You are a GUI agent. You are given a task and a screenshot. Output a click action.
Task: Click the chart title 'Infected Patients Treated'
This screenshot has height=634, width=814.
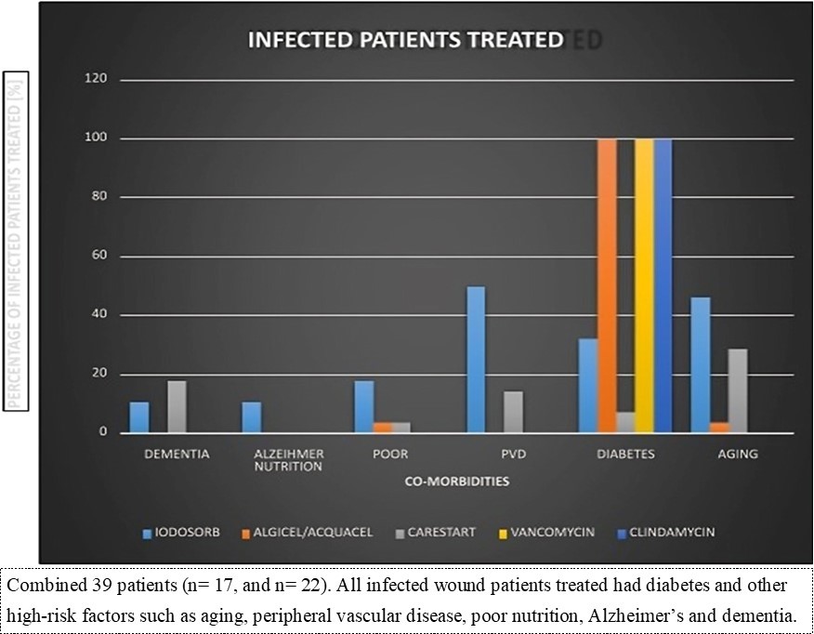[403, 40]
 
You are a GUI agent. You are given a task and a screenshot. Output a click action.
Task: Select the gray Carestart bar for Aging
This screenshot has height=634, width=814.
[738, 390]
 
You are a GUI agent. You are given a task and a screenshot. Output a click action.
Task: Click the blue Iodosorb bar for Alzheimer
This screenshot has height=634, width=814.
[251, 417]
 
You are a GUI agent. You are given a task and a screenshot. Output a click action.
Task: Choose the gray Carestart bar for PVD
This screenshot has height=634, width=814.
[513, 412]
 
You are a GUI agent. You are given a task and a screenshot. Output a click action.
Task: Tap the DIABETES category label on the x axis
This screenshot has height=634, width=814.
[625, 455]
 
